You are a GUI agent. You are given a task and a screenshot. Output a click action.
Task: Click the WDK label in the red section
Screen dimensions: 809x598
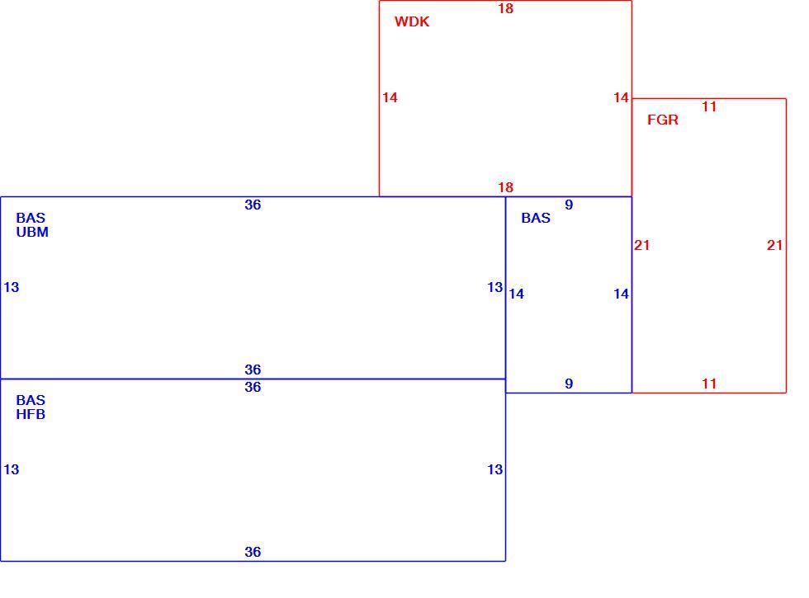[x=412, y=21]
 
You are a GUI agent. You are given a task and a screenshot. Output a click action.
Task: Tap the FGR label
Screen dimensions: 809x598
[x=662, y=120]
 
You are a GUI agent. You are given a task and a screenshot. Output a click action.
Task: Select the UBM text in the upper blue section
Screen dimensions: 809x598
[x=32, y=232]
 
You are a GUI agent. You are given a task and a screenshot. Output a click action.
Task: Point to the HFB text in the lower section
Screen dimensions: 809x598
[x=31, y=414]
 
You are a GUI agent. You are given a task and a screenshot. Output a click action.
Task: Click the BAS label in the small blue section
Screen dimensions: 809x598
[x=536, y=218]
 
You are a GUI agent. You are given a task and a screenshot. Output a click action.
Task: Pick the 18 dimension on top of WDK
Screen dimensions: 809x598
[x=505, y=9]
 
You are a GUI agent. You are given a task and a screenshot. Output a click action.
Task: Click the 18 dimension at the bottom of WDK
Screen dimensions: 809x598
[x=505, y=188]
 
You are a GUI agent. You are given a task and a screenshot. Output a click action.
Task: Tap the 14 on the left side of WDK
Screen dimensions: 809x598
[x=390, y=97]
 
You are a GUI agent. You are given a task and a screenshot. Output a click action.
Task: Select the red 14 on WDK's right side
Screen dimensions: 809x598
[x=621, y=97]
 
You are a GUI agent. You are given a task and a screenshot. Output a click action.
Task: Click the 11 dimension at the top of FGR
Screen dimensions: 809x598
[x=709, y=106]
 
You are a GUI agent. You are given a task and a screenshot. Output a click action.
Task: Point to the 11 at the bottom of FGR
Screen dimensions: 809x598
[x=709, y=384]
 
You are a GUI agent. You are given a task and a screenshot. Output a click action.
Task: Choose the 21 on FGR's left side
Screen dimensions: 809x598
[x=642, y=246]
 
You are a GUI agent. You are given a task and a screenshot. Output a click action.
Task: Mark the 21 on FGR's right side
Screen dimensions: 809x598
[x=774, y=246]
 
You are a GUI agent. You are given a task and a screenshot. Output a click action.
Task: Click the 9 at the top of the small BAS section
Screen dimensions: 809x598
[x=569, y=205]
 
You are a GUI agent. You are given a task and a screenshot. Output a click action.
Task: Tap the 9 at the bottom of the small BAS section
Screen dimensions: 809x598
[x=569, y=384]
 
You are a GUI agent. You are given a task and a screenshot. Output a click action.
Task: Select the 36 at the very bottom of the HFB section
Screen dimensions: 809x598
[x=253, y=552]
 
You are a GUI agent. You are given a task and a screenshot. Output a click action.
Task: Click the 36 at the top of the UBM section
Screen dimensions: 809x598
[x=253, y=205]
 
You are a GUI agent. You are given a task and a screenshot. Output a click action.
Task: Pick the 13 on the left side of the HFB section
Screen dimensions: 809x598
[x=12, y=469]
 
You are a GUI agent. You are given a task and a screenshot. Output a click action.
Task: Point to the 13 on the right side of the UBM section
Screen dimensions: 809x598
[x=494, y=287]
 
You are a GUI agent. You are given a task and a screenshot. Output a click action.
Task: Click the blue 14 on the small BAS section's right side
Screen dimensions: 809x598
[x=621, y=294]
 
